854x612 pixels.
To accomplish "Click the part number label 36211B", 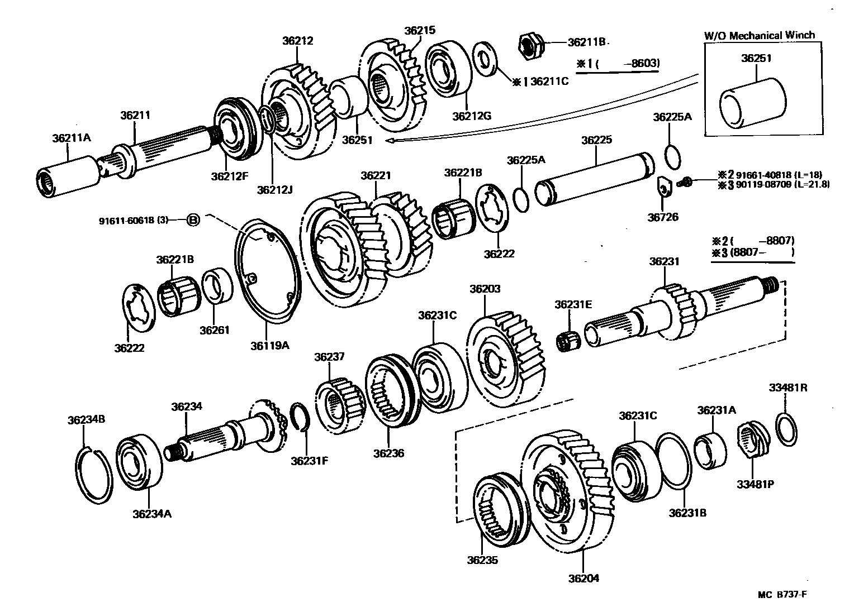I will [x=587, y=42].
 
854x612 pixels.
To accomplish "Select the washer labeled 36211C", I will [x=485, y=56].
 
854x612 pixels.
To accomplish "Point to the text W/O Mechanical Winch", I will [x=759, y=35].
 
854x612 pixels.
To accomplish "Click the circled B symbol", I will [x=192, y=220].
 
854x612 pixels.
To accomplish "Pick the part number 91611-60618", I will [x=133, y=220].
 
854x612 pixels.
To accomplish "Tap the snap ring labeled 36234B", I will [x=93, y=469].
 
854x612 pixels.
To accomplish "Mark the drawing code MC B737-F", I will [x=782, y=594].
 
